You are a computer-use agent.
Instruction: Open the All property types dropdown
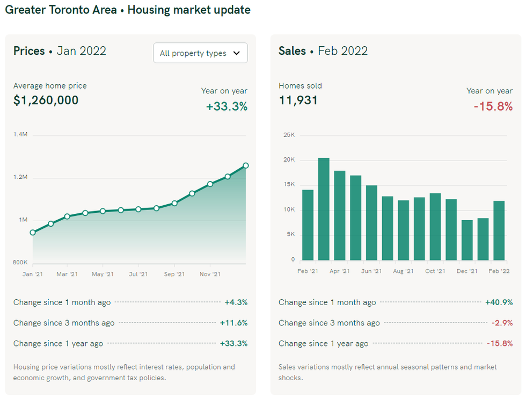click(x=200, y=53)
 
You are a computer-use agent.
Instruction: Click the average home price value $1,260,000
click(x=46, y=100)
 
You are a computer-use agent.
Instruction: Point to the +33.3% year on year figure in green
click(x=227, y=106)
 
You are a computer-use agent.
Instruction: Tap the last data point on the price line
click(x=245, y=165)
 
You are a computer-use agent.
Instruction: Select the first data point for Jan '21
click(x=33, y=233)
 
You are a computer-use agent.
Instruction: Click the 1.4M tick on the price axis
click(x=20, y=134)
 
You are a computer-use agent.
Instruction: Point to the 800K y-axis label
click(x=20, y=263)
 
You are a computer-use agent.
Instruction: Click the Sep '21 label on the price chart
click(x=174, y=274)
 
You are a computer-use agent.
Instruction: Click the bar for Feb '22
click(x=499, y=230)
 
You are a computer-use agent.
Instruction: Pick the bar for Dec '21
click(x=467, y=240)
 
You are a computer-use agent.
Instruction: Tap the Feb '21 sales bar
click(x=308, y=225)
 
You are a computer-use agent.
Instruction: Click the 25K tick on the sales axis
click(x=289, y=135)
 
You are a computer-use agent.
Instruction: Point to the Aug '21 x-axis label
click(x=403, y=271)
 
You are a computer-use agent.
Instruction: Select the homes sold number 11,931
click(x=298, y=100)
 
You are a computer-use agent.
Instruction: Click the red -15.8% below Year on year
click(x=493, y=106)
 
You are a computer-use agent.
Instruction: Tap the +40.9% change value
click(x=499, y=302)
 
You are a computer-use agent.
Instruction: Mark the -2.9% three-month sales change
click(x=502, y=323)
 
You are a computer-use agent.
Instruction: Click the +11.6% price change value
click(x=233, y=323)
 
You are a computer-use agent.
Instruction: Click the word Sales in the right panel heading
click(x=292, y=51)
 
